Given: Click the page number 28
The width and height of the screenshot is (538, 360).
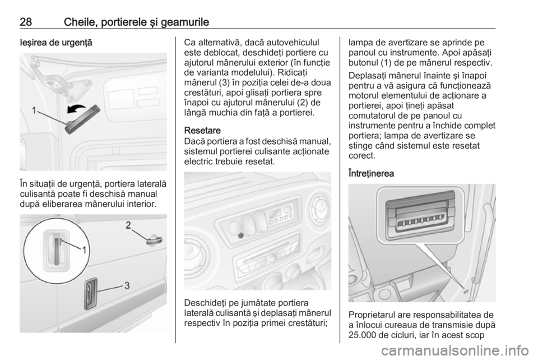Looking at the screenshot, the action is [x=26, y=22].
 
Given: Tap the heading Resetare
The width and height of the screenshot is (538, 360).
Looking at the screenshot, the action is [x=202, y=131].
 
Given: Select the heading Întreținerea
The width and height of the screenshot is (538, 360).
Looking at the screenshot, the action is [x=371, y=173].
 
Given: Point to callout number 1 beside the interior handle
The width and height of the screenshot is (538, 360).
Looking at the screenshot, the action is [x=35, y=110].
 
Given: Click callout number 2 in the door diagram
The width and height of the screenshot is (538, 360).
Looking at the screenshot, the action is [x=128, y=225].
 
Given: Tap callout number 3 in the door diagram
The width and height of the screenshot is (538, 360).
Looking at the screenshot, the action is [x=127, y=285].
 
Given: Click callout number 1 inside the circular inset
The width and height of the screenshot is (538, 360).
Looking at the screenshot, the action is [x=84, y=250].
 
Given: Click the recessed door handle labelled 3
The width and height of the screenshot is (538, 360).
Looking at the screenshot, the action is [x=91, y=293].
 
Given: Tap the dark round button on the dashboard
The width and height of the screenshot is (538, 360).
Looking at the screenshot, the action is [x=241, y=236].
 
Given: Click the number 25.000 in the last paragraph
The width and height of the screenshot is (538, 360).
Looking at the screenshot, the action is [x=363, y=335].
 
